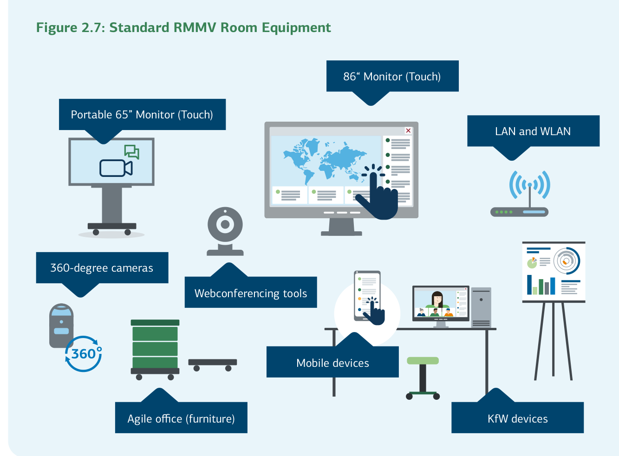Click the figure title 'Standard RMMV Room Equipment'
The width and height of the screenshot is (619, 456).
click(x=183, y=28)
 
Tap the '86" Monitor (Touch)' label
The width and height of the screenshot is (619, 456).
click(x=392, y=77)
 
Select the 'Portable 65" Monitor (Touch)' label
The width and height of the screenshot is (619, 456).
click(x=142, y=115)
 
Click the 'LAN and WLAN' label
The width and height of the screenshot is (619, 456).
click(x=533, y=131)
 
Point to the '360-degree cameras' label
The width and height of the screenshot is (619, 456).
click(x=102, y=268)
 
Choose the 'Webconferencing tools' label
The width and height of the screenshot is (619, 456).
click(x=251, y=293)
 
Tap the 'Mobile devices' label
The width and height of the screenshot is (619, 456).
click(x=332, y=363)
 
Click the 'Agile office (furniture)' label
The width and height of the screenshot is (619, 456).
click(x=181, y=418)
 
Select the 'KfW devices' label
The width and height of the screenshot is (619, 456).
click(x=517, y=418)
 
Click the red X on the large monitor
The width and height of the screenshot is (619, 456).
click(x=408, y=131)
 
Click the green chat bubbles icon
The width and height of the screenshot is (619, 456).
click(x=131, y=151)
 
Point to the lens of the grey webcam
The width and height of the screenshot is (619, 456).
click(x=225, y=225)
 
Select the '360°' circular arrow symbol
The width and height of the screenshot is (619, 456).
click(x=84, y=354)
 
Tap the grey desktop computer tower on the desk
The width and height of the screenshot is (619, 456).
click(x=481, y=307)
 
